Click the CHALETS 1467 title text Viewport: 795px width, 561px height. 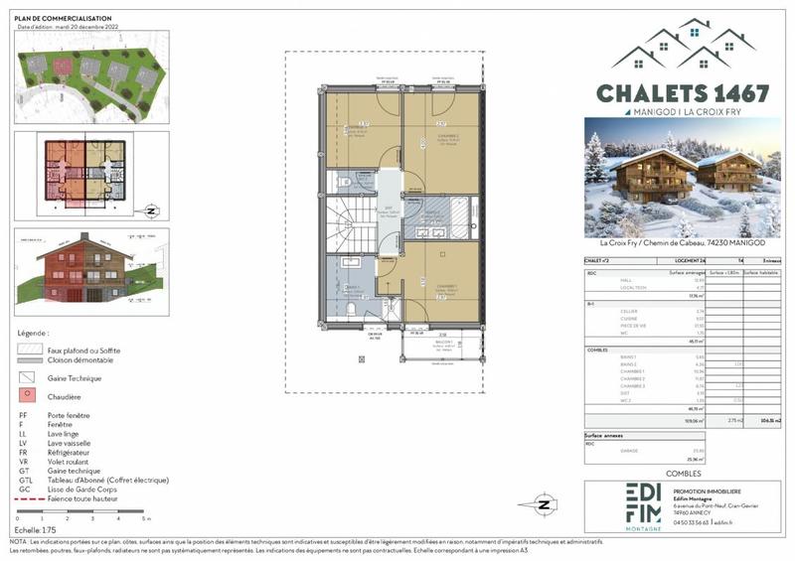[682, 93]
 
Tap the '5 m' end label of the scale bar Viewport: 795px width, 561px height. [146, 519]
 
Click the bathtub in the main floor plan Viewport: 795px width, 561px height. [459, 213]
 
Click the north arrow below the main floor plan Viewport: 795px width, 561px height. [544, 504]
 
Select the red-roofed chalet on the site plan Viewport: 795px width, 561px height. [63, 67]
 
